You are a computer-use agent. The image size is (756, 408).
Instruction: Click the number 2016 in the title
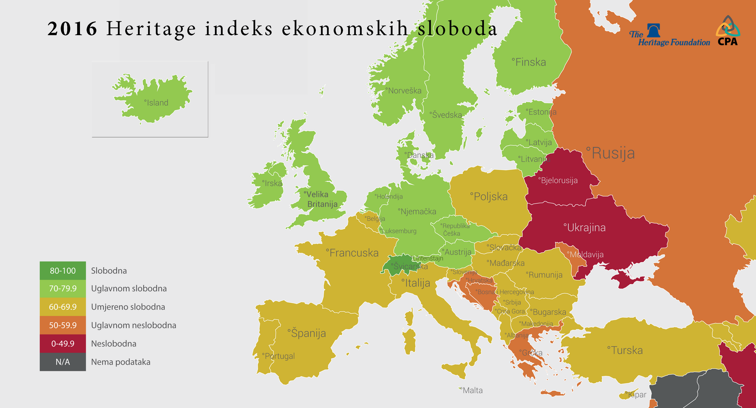(72, 29)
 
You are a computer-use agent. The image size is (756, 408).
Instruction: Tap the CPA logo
(728, 31)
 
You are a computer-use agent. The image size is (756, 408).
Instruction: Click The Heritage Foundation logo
(670, 36)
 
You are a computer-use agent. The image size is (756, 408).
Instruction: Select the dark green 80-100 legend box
(63, 271)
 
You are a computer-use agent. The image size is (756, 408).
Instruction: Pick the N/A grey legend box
(63, 362)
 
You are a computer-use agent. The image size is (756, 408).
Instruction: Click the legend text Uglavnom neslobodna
(133, 325)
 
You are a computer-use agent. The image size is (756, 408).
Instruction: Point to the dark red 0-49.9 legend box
(63, 344)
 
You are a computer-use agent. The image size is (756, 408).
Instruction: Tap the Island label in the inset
(157, 103)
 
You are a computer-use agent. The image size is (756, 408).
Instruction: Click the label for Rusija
(611, 153)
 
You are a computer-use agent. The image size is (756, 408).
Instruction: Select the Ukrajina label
(585, 228)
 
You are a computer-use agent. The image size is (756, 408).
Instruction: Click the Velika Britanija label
(321, 199)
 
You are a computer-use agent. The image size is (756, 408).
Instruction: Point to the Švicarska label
(409, 266)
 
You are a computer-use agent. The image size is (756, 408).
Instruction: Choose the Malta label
(472, 390)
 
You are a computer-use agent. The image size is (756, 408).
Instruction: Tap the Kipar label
(636, 395)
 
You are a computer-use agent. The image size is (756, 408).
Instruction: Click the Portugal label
(279, 356)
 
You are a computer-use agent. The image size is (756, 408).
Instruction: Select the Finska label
(530, 62)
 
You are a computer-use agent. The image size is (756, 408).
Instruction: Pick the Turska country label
(626, 350)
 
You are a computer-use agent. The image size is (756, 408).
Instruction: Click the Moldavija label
(586, 255)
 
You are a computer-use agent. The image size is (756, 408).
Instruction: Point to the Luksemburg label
(398, 231)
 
